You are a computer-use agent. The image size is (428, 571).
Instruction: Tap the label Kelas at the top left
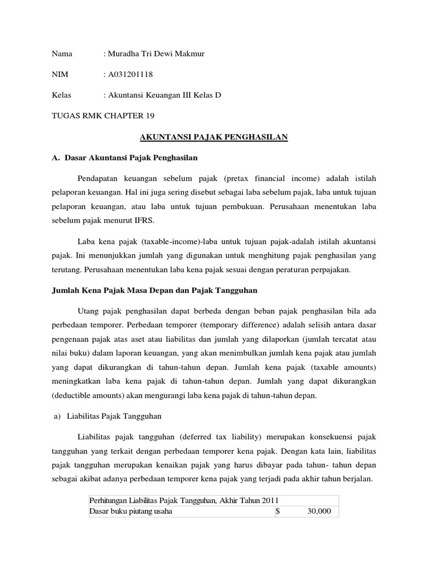pos(61,95)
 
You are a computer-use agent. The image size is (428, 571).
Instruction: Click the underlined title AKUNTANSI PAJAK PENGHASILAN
pos(213,137)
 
